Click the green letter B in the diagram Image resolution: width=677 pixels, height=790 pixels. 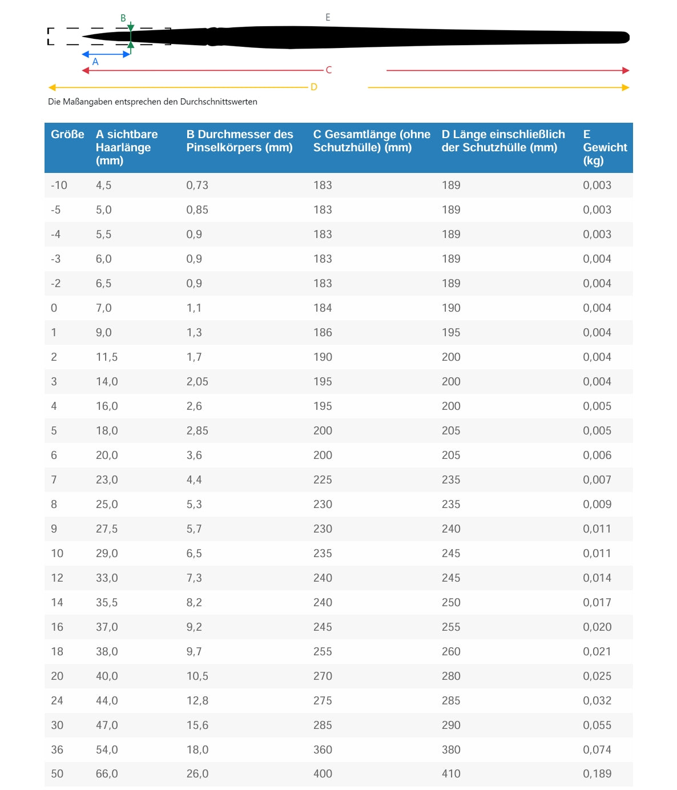coord(123,18)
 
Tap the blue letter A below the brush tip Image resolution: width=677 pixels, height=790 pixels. coord(95,62)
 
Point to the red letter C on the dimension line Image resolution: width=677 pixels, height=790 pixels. coord(329,70)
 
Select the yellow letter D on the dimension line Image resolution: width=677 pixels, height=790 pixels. coord(314,87)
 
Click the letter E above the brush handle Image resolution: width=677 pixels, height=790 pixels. coord(328,18)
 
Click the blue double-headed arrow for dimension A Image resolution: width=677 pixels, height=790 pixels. coord(106,54)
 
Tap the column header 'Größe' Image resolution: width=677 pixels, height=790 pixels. coord(67,135)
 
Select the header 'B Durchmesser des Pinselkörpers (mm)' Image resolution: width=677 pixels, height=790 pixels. coord(240,141)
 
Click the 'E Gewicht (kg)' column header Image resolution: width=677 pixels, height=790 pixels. coord(605,147)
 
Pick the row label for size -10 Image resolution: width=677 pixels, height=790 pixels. coord(59,186)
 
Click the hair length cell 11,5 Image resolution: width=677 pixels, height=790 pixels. coord(107,357)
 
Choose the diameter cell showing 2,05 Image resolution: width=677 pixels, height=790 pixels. coord(197,382)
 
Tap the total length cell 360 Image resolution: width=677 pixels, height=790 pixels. coord(323,750)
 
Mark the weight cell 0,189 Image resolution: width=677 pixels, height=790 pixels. coord(597,774)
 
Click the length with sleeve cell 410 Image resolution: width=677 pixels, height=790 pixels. coord(451,774)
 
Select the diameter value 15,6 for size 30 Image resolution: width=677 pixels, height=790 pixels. coord(197,725)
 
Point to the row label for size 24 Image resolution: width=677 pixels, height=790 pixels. coord(57,701)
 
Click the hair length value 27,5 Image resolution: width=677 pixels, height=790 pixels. coord(107,529)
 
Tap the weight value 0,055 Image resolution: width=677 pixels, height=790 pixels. coord(597,725)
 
